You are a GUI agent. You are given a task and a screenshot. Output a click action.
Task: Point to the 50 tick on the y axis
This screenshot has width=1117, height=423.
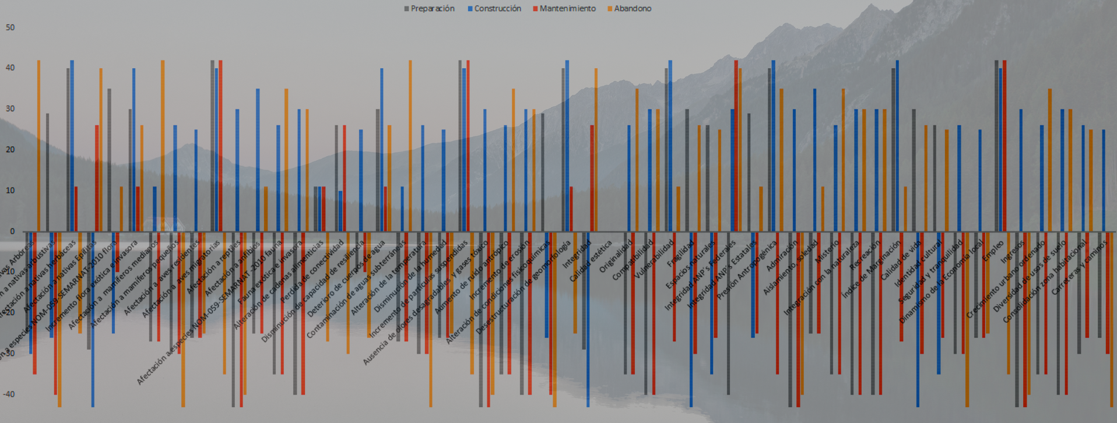point(10,27)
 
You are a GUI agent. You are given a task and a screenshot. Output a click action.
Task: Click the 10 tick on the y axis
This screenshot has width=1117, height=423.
point(10,191)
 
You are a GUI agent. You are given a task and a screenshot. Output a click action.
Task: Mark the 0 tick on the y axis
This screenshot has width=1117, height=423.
point(12,231)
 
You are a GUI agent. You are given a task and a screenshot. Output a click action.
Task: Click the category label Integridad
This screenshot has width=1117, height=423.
point(577,253)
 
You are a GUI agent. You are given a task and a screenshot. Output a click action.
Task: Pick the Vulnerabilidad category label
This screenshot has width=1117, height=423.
point(655,258)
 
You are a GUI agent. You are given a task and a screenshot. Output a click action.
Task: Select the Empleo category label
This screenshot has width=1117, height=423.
point(993,250)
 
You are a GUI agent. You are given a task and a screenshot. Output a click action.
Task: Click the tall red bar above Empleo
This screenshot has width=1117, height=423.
point(1004,146)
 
